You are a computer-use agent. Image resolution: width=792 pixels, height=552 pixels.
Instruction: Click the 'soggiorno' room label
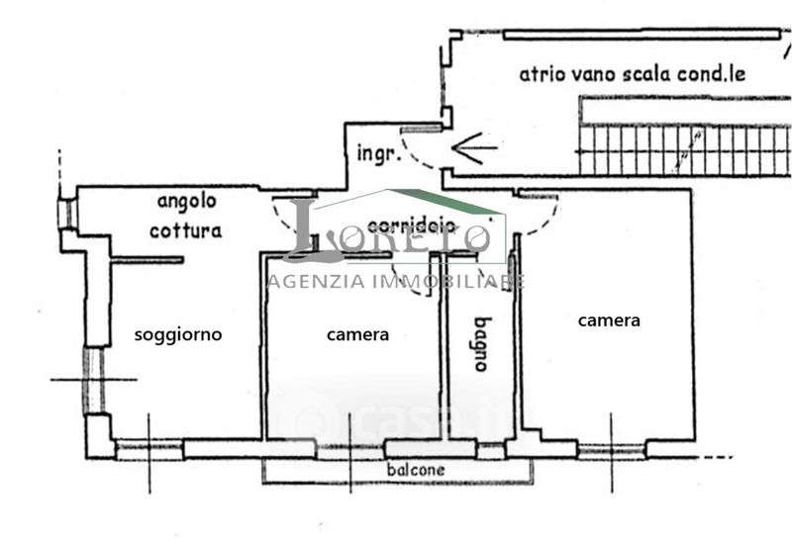[x=178, y=334]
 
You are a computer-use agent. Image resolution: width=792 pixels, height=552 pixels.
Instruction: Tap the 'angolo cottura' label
[x=186, y=216]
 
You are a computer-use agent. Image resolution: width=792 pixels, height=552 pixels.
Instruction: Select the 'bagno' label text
[x=481, y=342]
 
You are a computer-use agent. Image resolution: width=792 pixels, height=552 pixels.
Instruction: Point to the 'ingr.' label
[x=377, y=154]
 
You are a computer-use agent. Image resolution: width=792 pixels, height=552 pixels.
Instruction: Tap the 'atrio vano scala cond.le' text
[x=633, y=74]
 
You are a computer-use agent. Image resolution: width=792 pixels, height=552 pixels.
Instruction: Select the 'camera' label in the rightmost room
[x=609, y=321]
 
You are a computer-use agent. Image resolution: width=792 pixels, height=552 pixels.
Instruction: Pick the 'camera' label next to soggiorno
[x=357, y=334]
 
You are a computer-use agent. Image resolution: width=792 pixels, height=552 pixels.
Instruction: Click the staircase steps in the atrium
[x=683, y=150]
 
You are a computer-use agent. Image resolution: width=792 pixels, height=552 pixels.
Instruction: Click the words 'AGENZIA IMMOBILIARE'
[x=395, y=282]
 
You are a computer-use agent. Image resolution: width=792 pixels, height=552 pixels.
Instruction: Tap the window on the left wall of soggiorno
[x=93, y=380]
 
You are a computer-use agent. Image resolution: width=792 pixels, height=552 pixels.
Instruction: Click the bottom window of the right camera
[x=611, y=452]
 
